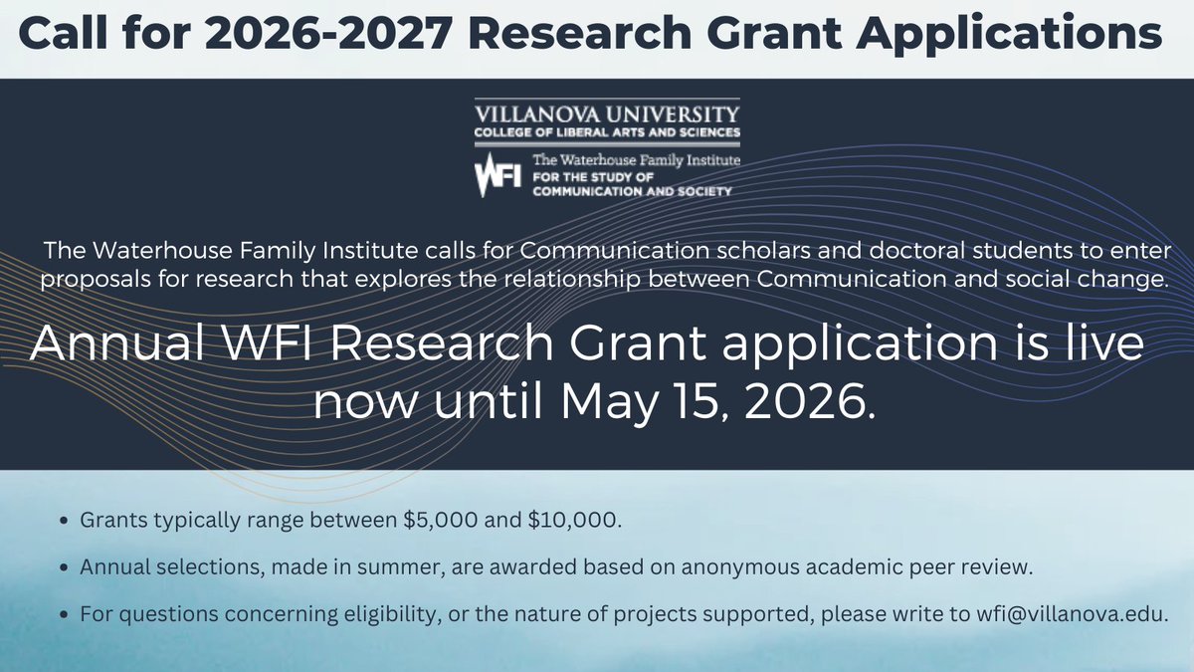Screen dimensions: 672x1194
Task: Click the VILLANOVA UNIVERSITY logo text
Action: point(607,112)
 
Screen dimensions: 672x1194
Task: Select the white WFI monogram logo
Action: point(497,175)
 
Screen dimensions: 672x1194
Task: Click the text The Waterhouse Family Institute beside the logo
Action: point(637,159)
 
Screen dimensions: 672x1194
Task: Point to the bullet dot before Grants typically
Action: point(65,521)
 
